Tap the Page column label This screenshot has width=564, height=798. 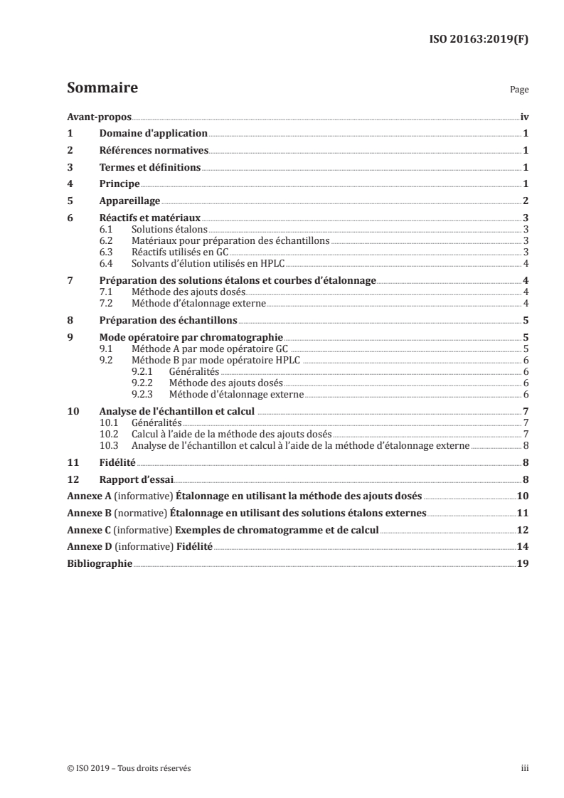[519, 91]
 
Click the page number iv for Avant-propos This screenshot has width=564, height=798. [524, 117]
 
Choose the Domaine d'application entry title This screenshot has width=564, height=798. [154, 133]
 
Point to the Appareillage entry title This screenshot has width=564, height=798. [130, 201]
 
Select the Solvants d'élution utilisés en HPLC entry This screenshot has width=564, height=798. [208, 262]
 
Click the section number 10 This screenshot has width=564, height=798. [72, 411]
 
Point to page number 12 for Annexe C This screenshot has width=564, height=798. [523, 530]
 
